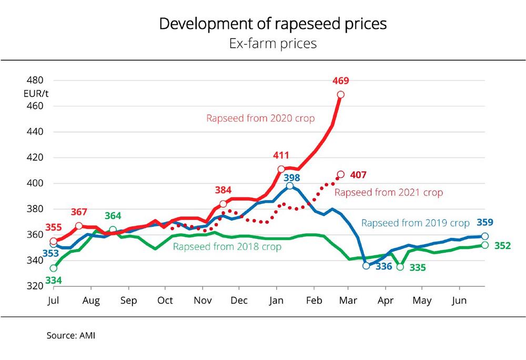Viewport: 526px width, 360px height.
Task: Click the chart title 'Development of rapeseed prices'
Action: (272, 24)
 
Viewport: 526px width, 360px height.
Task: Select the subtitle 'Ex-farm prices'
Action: (272, 43)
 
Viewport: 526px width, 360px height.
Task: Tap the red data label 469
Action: (341, 81)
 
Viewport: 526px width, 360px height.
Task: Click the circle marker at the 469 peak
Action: (341, 95)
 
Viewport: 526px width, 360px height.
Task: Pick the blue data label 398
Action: (292, 175)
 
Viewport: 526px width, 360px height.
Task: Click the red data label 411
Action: (281, 156)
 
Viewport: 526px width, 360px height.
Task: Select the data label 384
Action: (224, 190)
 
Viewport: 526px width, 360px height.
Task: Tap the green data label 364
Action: (113, 216)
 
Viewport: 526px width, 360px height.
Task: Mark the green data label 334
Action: (53, 280)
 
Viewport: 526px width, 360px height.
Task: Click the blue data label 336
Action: (383, 267)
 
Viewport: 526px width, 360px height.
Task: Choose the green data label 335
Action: (417, 268)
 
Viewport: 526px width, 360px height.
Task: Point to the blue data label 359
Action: (484, 222)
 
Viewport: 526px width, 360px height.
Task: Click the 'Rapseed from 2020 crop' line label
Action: (260, 118)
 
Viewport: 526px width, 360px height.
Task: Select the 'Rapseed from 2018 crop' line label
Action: (227, 247)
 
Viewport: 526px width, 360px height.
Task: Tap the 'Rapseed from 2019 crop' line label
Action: (415, 223)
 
